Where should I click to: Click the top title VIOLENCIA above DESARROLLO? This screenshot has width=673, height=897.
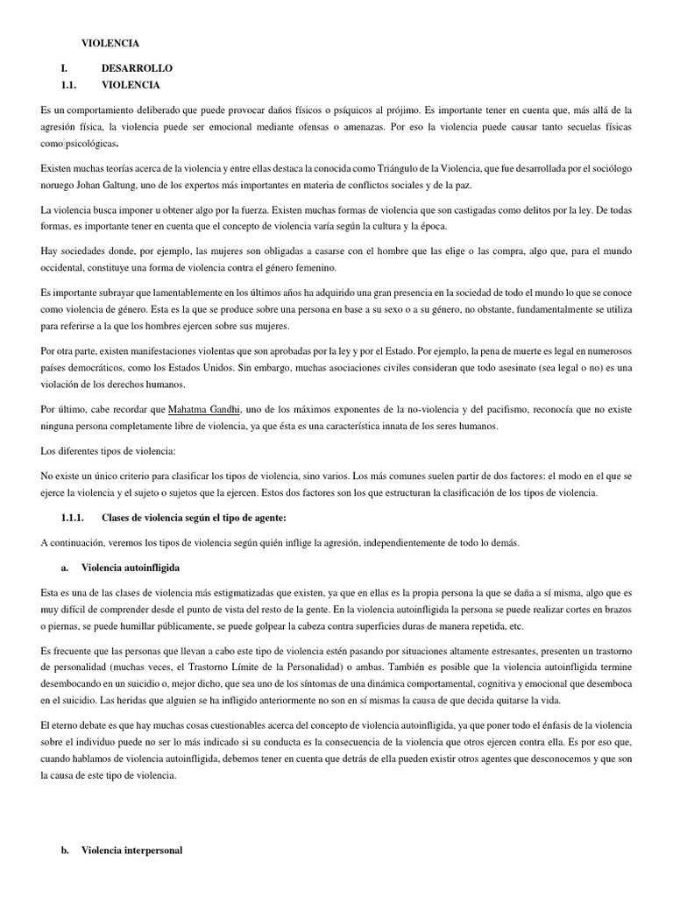(x=110, y=42)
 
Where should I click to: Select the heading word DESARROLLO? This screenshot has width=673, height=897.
(x=137, y=67)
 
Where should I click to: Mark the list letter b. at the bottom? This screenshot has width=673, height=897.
(x=66, y=850)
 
